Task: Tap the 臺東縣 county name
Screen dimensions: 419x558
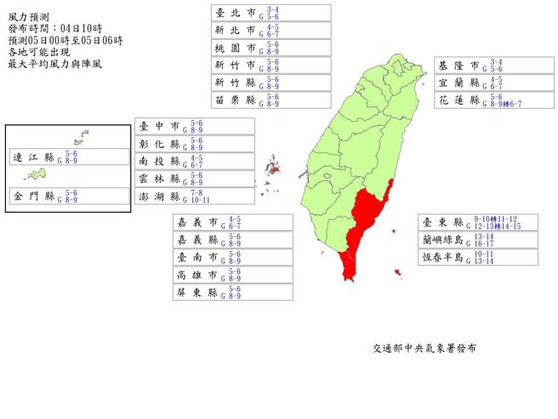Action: (x=445, y=222)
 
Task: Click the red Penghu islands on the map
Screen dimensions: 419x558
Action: (x=274, y=168)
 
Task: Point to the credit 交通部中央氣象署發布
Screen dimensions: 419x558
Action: (x=424, y=349)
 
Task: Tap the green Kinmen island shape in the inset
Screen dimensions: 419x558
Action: (x=36, y=175)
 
